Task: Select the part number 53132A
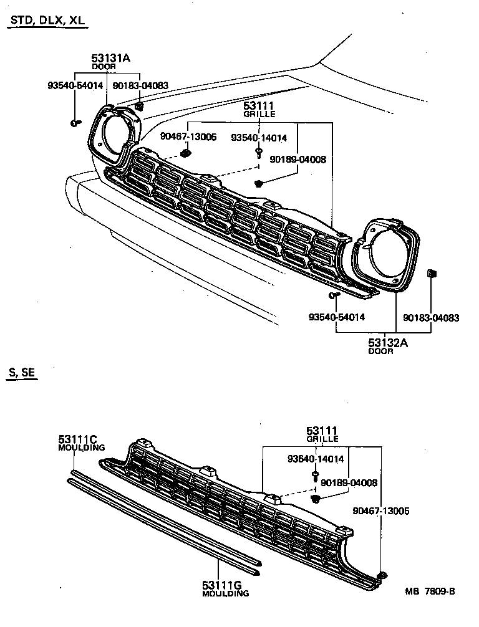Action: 380,342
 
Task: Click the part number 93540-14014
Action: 259,138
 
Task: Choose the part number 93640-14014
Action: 316,460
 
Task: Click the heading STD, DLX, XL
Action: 47,21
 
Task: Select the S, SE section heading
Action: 22,373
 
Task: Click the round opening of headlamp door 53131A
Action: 115,133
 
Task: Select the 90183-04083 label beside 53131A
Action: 140,85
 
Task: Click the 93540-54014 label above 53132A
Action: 337,317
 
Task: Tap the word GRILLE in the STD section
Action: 259,115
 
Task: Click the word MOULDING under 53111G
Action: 225,594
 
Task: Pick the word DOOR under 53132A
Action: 380,352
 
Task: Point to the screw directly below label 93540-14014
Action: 258,151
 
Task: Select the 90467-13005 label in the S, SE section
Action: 381,510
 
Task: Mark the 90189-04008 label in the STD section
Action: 298,160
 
